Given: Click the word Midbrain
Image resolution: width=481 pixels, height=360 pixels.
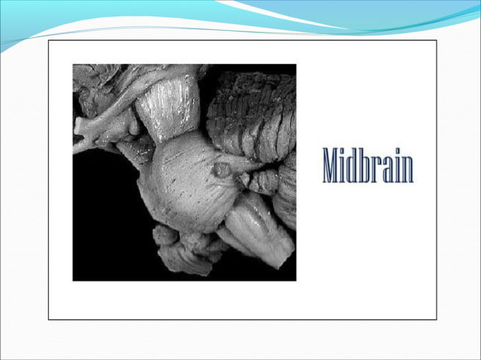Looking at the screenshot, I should [x=368, y=165].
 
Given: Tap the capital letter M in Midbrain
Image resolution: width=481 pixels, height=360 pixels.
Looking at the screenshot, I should [x=330, y=166].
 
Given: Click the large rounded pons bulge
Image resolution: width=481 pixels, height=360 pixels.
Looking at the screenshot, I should [x=185, y=181].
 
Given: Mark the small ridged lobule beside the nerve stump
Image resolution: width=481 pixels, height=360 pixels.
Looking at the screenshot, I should [x=264, y=181].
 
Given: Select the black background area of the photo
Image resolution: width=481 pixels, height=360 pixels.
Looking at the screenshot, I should [x=106, y=218].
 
